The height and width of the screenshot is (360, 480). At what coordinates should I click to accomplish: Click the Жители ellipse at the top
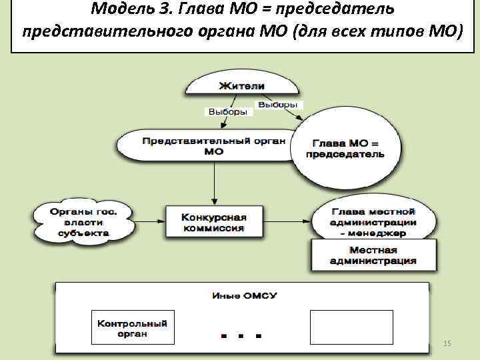coord(241,86)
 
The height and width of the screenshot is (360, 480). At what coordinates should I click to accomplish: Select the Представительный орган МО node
coord(214,145)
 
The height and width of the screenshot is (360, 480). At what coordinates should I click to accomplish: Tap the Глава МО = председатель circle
coord(345,149)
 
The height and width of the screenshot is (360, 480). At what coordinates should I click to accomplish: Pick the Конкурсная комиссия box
coord(214,222)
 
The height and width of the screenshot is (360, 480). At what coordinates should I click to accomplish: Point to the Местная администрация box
coord(373,255)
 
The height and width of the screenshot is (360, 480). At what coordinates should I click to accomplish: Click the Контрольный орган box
coord(132,327)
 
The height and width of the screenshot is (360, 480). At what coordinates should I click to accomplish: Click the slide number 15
coord(447,343)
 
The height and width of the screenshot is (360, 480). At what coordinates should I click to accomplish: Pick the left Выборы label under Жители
coord(227,112)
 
